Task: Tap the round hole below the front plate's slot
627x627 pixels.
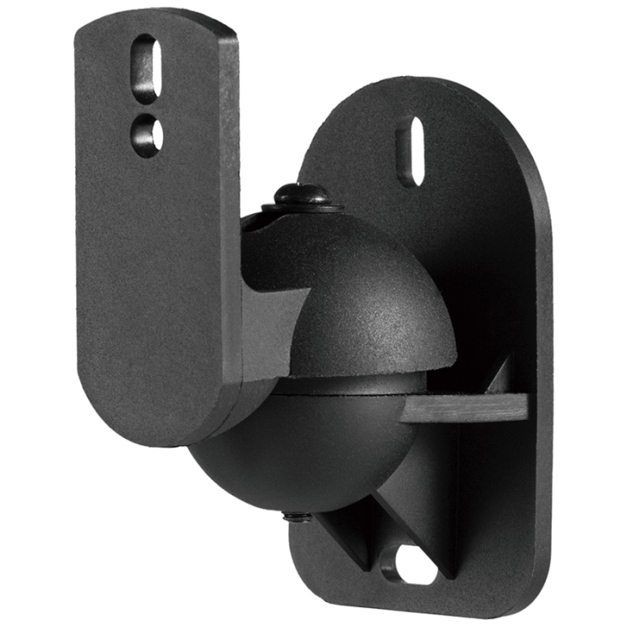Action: (146, 134)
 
